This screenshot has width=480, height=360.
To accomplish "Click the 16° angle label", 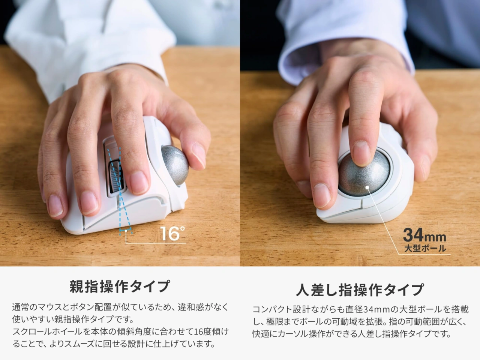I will coord(172,233).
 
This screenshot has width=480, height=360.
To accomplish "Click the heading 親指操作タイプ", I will coord(120,286).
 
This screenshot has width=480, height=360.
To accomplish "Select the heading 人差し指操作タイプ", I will coord(360,289).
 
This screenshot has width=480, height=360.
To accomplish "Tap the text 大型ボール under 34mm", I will coord(425,248).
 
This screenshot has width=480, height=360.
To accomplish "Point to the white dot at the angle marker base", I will coord(126,232).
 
